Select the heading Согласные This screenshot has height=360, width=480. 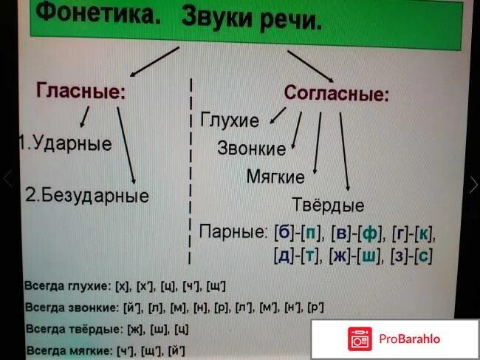coord(337,94)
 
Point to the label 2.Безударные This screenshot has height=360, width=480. coord(87,196)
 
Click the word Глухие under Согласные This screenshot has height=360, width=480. coord(230,120)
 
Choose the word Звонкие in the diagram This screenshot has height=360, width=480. coord(251,149)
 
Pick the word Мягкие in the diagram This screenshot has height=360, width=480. coord(275,177)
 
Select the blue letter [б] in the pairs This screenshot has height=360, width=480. coord(283,234)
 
